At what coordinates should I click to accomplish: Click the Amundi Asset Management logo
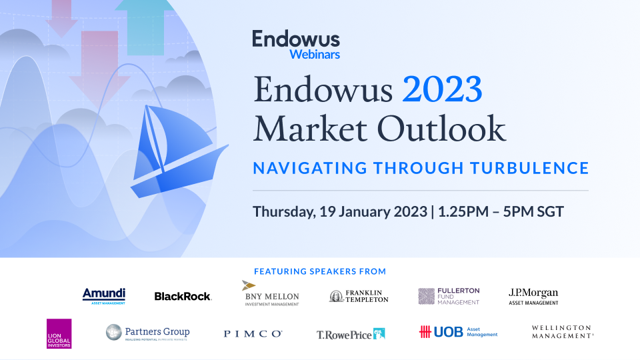click(x=104, y=295)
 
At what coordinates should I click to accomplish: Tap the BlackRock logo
click(x=183, y=296)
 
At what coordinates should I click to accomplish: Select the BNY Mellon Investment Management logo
click(x=270, y=294)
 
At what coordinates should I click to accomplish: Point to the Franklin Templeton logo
click(x=359, y=296)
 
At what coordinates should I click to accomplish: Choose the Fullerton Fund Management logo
click(x=449, y=296)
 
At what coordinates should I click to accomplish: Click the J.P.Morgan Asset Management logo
click(x=533, y=295)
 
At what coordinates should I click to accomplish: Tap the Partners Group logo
click(x=148, y=333)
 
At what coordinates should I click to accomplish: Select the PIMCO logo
click(x=253, y=333)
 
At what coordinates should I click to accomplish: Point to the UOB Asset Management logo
click(x=458, y=332)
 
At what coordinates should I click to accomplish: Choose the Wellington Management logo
click(x=562, y=332)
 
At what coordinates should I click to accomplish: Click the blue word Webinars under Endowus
click(x=315, y=54)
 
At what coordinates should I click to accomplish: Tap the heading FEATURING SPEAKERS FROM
click(x=320, y=271)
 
